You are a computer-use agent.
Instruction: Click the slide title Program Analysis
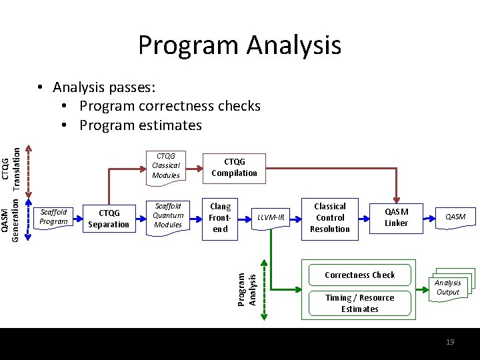click(x=239, y=45)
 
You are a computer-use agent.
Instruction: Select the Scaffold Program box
click(x=53, y=217)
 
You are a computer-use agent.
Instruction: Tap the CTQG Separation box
click(x=109, y=219)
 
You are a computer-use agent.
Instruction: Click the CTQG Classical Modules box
click(x=166, y=165)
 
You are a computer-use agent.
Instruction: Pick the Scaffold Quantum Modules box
click(x=167, y=215)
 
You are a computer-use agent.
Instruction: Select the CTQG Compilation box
click(x=234, y=167)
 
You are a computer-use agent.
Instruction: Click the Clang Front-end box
click(x=220, y=218)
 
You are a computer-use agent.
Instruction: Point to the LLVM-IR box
click(x=271, y=217)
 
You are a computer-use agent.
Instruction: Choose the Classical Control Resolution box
click(x=329, y=217)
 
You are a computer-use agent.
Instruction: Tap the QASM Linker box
click(x=396, y=217)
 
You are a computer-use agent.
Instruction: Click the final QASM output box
click(x=455, y=217)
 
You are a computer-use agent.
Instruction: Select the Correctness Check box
click(x=359, y=275)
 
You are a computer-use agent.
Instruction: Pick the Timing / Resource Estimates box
click(x=359, y=303)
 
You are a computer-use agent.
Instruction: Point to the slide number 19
click(x=450, y=341)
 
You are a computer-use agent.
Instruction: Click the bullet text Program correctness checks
click(x=169, y=106)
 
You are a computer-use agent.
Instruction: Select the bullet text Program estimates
click(x=140, y=125)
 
